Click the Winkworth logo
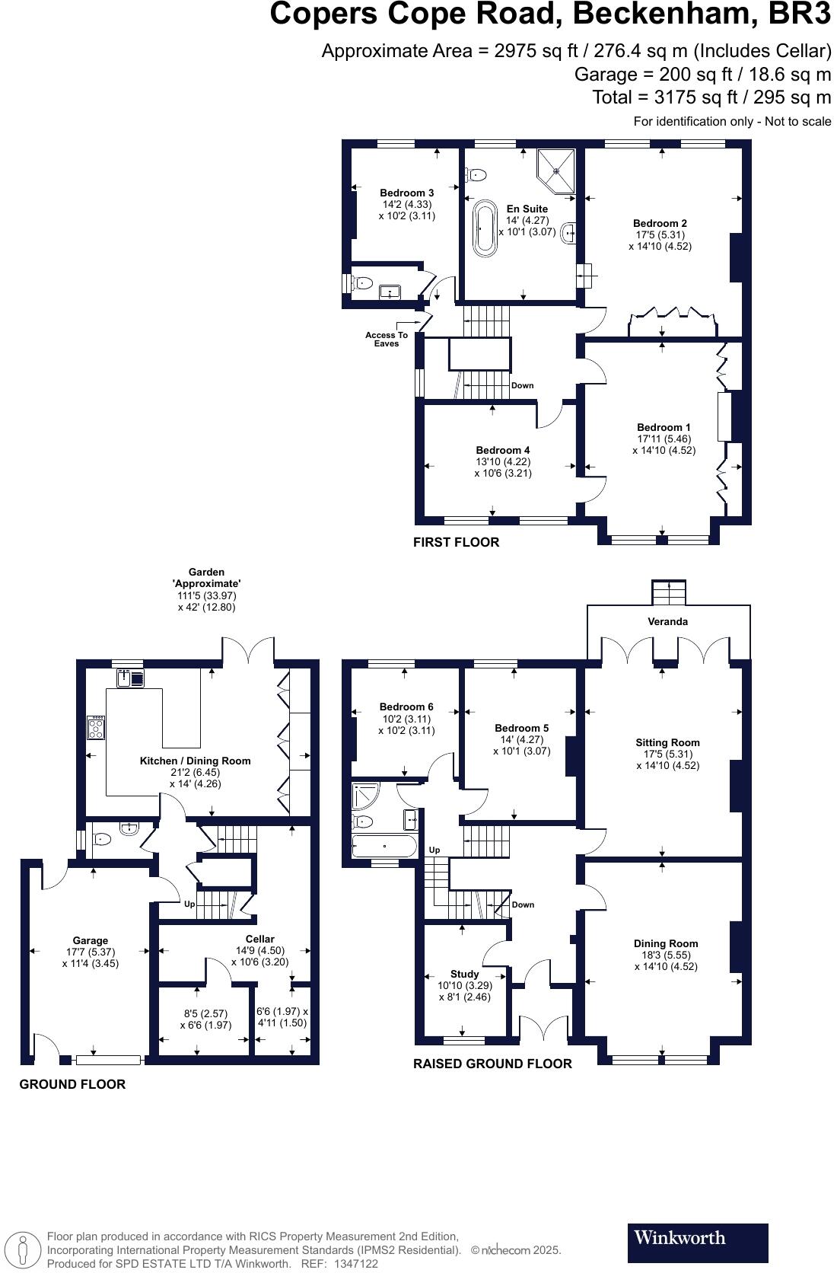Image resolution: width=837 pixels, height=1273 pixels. click(697, 1243)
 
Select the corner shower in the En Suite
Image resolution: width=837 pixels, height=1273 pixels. click(557, 171)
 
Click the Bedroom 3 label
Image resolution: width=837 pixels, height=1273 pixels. click(406, 193)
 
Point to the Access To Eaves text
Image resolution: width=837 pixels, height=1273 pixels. click(386, 340)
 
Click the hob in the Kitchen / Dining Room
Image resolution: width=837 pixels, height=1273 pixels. click(96, 727)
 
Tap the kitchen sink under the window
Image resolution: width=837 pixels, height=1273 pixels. click(131, 678)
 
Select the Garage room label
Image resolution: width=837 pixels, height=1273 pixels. click(91, 940)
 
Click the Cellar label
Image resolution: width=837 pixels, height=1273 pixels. click(260, 939)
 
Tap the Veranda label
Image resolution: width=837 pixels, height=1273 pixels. click(668, 622)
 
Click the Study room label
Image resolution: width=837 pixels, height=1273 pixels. click(464, 974)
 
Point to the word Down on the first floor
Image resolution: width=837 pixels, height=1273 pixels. click(523, 385)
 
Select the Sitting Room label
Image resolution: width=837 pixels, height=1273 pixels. click(668, 743)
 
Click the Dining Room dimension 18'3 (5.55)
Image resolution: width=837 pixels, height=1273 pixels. click(666, 955)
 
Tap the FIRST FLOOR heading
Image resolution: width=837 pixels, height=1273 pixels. click(456, 542)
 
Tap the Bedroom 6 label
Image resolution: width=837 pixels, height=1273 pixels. click(406, 707)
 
